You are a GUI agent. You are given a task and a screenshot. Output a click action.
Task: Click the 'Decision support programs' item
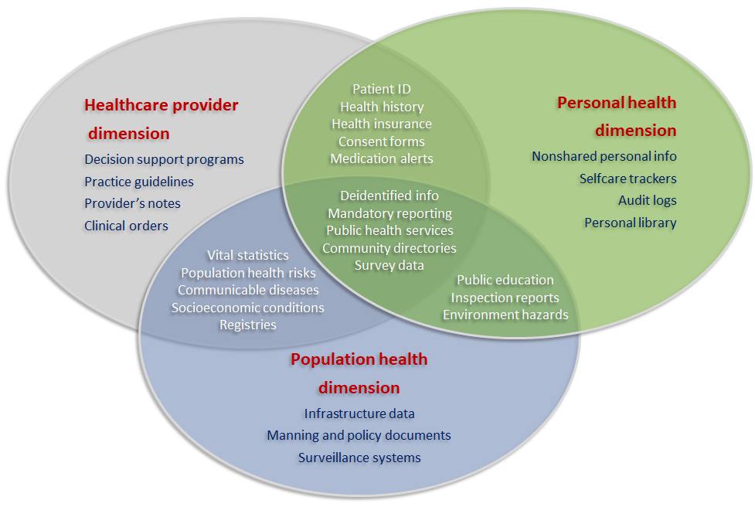click(x=164, y=159)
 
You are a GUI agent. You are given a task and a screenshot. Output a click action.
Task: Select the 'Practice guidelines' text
click(x=139, y=182)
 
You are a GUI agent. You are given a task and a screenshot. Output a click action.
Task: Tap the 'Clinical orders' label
click(x=126, y=226)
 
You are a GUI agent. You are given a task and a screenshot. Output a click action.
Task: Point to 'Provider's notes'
click(x=132, y=203)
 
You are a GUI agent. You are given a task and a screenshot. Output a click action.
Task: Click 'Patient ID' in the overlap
click(x=381, y=90)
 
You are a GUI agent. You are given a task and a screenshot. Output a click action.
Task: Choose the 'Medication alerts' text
click(x=382, y=158)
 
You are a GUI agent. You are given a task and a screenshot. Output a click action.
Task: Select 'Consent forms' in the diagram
click(x=382, y=141)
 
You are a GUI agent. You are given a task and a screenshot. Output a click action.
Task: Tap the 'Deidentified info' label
click(x=389, y=196)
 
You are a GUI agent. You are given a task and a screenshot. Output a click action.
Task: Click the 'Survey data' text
click(x=389, y=265)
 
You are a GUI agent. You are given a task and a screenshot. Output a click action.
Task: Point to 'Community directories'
click(x=389, y=248)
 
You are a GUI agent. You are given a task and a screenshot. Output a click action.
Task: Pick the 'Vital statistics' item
click(x=248, y=255)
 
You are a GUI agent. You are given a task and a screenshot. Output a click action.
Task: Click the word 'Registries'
click(x=248, y=325)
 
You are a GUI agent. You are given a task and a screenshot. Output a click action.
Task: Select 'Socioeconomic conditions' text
click(x=248, y=308)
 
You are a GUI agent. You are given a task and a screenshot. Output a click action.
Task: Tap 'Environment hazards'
click(x=505, y=315)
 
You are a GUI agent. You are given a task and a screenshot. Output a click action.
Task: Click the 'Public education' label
click(x=505, y=280)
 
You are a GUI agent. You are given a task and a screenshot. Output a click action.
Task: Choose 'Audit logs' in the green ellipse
click(x=647, y=200)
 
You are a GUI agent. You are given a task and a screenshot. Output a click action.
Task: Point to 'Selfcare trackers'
click(x=627, y=179)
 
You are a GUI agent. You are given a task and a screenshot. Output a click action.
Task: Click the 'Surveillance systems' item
click(x=359, y=458)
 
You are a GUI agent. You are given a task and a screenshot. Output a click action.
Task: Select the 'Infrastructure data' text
click(x=359, y=413)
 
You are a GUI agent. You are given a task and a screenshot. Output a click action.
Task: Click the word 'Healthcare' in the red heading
click(x=123, y=105)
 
